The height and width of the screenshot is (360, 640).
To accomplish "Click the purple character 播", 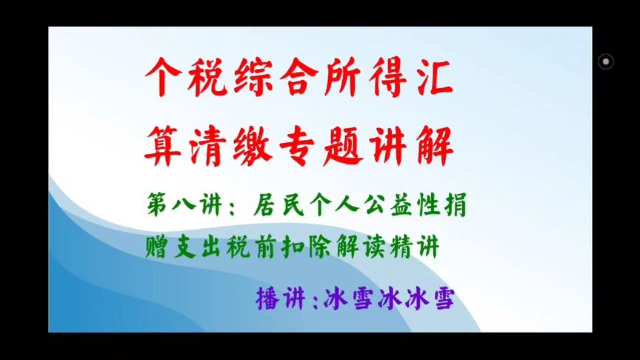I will (x=267, y=299).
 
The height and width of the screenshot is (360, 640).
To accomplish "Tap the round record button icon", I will (x=605, y=61).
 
